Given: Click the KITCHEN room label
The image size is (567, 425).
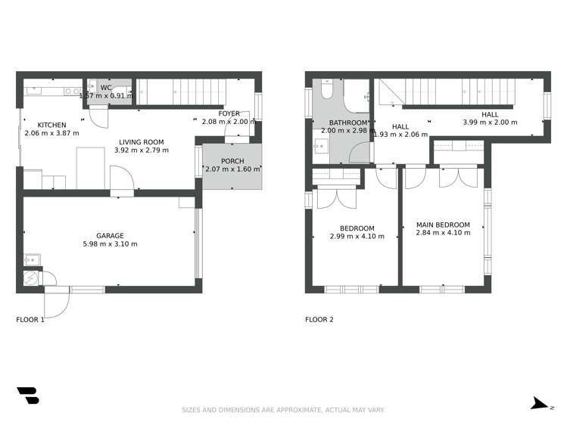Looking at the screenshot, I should tap(52, 125).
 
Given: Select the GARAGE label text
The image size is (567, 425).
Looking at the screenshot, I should tap(110, 235).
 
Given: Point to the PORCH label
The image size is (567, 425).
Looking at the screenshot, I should tap(232, 161).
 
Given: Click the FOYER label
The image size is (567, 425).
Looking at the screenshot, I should tap(229, 113).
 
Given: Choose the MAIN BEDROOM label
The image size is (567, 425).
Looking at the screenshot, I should tap(443, 225).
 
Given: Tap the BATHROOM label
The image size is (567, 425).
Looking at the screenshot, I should tap(348, 123).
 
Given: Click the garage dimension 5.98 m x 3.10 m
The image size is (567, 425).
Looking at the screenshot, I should tap(110, 244).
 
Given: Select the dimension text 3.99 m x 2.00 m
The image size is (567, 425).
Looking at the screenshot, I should tap(490, 123).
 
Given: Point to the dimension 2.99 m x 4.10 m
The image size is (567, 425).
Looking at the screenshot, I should tap(357, 237).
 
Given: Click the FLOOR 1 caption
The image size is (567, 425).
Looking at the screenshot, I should tap(30, 320).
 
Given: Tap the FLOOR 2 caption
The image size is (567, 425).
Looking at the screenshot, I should tap(319, 320).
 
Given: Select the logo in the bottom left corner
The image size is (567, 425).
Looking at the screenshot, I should tap(27, 396).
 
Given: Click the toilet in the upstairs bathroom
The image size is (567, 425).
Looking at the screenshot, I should tap(326, 91).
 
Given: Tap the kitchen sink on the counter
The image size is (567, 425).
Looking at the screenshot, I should tap(72, 92).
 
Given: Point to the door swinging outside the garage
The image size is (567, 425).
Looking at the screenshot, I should tap(57, 304).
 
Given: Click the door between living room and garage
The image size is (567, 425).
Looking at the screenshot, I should tap(121, 181).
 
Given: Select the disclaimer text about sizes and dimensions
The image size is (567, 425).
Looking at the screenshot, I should tap(283, 411).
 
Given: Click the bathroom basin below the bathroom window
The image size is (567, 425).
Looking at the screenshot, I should tap(318, 147).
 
